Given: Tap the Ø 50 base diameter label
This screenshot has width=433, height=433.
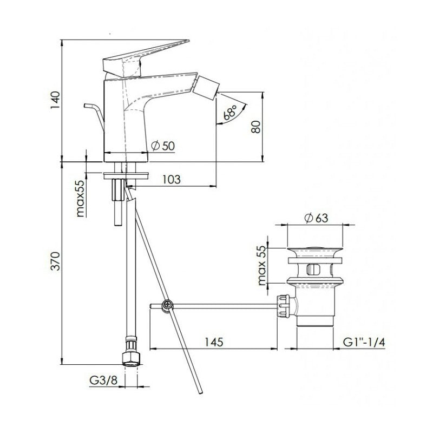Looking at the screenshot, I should click(x=164, y=145).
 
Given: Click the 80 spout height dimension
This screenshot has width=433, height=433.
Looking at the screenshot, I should click(x=257, y=127).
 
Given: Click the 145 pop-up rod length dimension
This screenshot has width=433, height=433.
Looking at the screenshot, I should click(x=215, y=342).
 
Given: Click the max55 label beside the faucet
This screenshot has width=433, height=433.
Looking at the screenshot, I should click(x=80, y=198).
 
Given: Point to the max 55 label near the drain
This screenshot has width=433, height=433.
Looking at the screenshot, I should click(x=263, y=264).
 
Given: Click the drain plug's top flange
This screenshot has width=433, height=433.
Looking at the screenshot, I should click(x=316, y=252).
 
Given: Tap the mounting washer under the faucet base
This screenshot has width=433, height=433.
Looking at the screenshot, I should click(x=126, y=175).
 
